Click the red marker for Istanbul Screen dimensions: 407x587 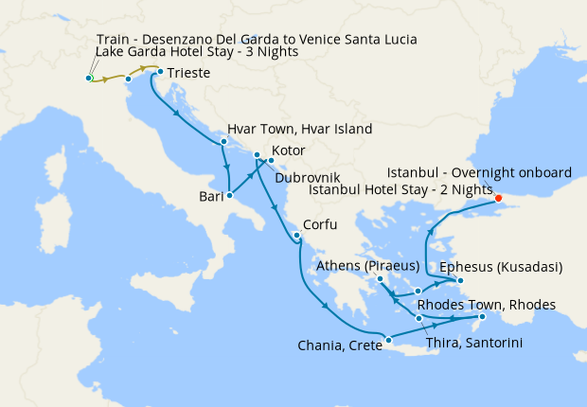(x=499, y=198)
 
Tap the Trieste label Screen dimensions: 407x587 (x=188, y=73)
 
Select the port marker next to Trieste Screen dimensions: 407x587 (x=160, y=72)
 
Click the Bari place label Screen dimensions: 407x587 (x=209, y=197)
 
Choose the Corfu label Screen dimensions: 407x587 (x=320, y=227)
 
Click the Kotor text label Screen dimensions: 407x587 (x=289, y=150)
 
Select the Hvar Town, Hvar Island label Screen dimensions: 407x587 (x=299, y=129)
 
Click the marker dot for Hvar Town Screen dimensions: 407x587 (x=223, y=142)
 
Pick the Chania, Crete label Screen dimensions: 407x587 (x=332, y=346)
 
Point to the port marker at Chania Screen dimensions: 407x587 (x=387, y=340)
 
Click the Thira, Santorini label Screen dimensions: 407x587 (x=471, y=342)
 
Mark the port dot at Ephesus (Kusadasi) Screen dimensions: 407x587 (x=460, y=280)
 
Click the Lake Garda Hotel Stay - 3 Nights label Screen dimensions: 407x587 (x=197, y=52)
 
